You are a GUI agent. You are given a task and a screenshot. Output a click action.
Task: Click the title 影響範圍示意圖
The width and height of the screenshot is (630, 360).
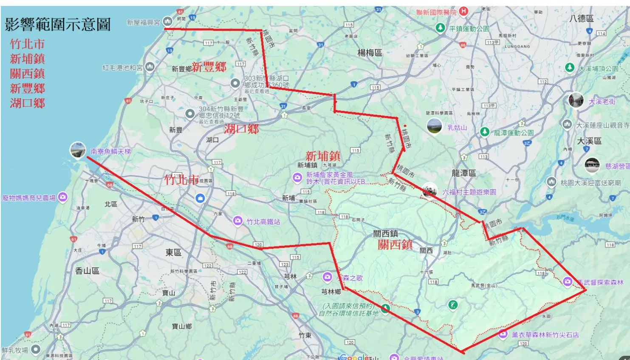pyautogui.click(x=58, y=25)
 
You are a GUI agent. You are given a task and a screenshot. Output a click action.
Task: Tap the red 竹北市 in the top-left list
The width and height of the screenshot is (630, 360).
pyautogui.click(x=27, y=44)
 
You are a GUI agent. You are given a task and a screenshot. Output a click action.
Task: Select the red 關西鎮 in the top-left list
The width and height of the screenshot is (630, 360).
pyautogui.click(x=27, y=74)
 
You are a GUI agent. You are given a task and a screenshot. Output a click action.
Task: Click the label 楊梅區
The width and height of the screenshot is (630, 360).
pyautogui.click(x=370, y=53)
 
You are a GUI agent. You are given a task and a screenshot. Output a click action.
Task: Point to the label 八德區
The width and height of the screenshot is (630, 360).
pyautogui.click(x=581, y=18)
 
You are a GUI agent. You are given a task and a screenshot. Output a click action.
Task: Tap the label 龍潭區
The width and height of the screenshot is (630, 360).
pyautogui.click(x=463, y=173)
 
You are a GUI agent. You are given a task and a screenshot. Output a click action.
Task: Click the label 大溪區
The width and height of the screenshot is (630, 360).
pyautogui.click(x=589, y=141)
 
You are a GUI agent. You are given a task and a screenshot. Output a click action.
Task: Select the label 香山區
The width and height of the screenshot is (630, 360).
pyautogui.click(x=87, y=271)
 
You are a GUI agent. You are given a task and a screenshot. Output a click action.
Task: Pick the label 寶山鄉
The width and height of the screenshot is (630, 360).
pyautogui.click(x=182, y=326)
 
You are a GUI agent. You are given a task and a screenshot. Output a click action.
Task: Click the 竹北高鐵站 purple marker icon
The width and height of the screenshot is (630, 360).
pyautogui.click(x=238, y=221)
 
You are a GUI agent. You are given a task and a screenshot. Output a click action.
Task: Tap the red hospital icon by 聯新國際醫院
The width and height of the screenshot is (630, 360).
pyautogui.click(x=463, y=11)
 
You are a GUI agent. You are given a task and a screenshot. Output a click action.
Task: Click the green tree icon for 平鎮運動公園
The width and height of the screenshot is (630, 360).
pyautogui.click(x=441, y=28)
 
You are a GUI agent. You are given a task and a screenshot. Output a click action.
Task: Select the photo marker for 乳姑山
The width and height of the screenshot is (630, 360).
pyautogui.click(x=434, y=126)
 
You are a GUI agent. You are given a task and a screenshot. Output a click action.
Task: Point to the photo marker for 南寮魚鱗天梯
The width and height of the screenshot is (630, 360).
pyautogui.click(x=78, y=150)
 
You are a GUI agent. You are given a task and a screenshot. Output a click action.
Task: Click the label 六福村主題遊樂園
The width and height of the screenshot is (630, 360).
pyautogui.click(x=469, y=192)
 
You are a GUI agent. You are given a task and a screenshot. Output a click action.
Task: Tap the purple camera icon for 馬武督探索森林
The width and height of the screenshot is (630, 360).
pyautogui.click(x=568, y=281)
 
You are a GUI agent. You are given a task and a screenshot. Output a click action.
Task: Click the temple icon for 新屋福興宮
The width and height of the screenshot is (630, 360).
pyautogui.click(x=167, y=21)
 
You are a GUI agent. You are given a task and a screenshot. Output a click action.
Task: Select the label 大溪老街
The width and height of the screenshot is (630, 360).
pyautogui.click(x=602, y=102)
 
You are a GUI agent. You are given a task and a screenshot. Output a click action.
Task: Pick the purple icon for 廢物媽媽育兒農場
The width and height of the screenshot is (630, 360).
pyautogui.click(x=63, y=197)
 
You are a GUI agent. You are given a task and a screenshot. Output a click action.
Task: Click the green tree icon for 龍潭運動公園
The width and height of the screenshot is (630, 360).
pyautogui.click(x=485, y=132)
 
